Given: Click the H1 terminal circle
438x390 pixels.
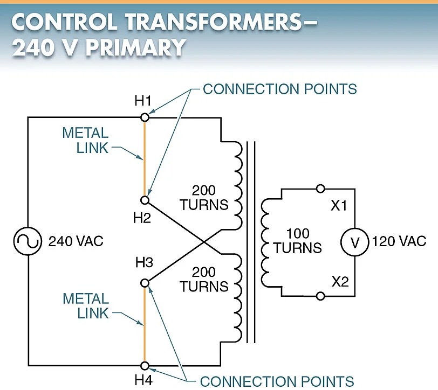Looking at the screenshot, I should [144, 117].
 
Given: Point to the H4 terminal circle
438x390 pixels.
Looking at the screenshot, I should [144, 366].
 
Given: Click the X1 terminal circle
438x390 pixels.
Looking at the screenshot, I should [320, 189].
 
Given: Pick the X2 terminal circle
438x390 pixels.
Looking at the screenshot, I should [320, 296].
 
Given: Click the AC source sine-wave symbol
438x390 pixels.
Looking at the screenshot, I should [28, 241].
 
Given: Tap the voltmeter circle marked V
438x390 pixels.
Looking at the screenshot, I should [354, 242].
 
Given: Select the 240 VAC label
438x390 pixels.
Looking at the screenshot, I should [76, 241].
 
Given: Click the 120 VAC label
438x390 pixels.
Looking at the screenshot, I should [399, 241].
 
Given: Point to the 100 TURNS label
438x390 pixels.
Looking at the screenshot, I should [297, 241].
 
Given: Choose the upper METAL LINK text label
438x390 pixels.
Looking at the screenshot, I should [85, 140].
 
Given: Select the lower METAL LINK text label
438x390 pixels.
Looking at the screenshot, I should [85, 305].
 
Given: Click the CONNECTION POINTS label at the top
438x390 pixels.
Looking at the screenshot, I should [279, 89].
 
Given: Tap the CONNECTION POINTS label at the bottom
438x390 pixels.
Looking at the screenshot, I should [277, 381].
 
